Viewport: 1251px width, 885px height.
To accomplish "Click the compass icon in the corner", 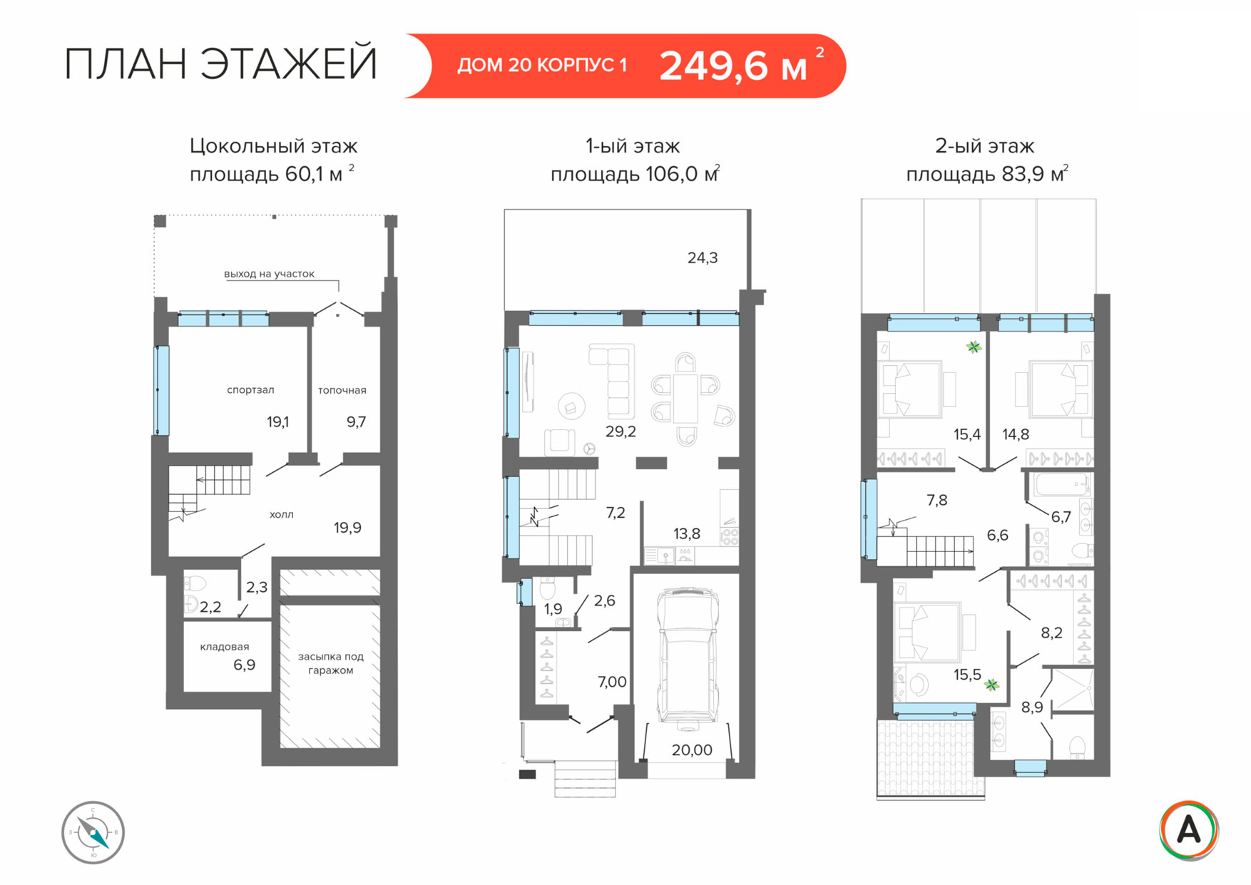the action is pos(93,832).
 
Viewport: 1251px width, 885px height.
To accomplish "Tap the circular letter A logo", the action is pos(1188,830).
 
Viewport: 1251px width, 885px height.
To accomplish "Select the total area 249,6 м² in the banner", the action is pos(742,66).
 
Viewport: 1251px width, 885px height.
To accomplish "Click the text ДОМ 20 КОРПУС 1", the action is pos(542,66).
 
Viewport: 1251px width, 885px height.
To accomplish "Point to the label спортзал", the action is pos(250,390).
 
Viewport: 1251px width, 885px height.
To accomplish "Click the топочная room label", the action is pos(342,390).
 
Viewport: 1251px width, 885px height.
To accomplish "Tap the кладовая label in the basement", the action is pos(225,647).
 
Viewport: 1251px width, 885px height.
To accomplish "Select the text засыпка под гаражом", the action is pos(331,663).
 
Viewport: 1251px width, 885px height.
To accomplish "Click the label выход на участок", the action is pos(269,274).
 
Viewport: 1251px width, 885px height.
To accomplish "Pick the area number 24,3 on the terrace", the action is pos(703,258).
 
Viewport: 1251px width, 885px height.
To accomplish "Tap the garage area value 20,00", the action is pos(692,750).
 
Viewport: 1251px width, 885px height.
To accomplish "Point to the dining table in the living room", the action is pos(686,399).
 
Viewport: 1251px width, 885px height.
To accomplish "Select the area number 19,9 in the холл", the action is pos(347,528).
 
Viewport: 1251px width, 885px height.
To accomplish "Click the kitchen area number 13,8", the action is pos(687,533).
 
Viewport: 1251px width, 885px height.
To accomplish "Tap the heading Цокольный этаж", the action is pos(273,146).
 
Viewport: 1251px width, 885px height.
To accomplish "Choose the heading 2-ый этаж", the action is pos(984,146).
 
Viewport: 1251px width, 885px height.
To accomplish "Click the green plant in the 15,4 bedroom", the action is pos(974,347).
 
